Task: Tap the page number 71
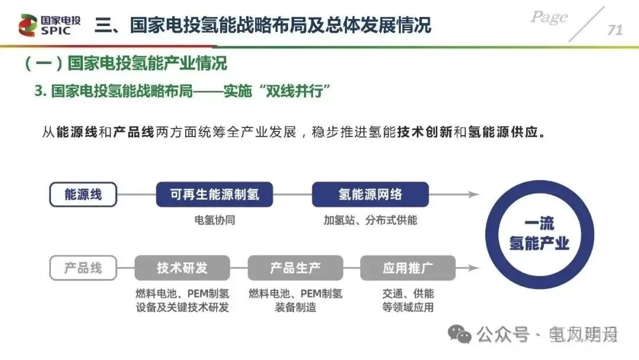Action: point(615,30)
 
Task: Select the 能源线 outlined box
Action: point(83,194)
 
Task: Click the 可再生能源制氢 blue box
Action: point(214,194)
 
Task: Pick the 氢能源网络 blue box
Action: point(370,194)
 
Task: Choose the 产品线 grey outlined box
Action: point(83,268)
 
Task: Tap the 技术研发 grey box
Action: point(182,268)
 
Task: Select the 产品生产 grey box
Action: point(295,268)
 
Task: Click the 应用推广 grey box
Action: point(408,268)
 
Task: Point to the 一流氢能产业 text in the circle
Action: point(539,233)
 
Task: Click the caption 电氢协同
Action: point(215,220)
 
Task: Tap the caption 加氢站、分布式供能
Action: point(370,220)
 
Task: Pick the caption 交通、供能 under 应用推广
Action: point(408,294)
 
